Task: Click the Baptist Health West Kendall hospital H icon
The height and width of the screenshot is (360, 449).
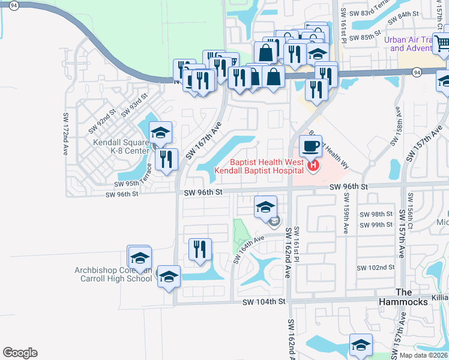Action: point(313,166)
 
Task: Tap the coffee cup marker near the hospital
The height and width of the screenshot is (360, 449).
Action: point(310,146)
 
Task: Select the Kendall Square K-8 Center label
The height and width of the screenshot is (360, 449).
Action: point(121,146)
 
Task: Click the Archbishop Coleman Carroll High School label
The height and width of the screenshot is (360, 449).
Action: point(113,274)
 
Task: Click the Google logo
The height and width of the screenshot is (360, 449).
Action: point(20,353)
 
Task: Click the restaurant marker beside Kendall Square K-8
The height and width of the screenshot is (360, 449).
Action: point(167,160)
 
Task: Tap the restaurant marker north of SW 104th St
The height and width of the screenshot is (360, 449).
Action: point(200,250)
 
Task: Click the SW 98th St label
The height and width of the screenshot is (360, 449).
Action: point(376,214)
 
